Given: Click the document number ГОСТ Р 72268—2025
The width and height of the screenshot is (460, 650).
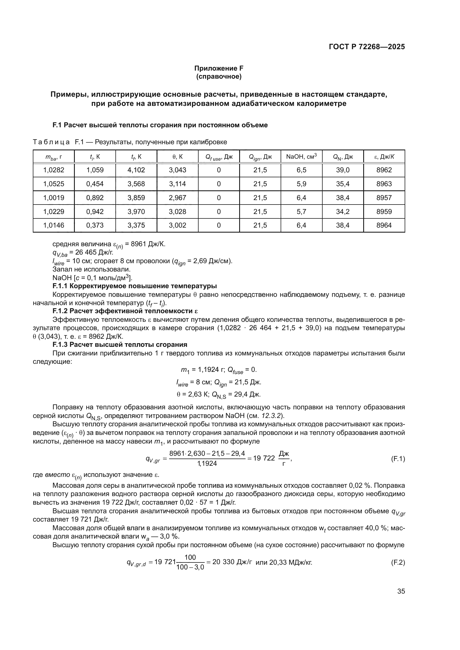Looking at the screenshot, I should (x=367, y=47).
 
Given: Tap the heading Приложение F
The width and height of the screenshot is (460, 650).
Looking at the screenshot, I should (x=219, y=68).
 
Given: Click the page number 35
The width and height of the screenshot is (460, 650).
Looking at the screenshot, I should (x=401, y=591).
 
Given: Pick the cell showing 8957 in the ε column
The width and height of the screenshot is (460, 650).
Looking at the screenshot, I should (x=384, y=198).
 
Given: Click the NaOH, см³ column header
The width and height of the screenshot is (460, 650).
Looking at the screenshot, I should (x=301, y=156).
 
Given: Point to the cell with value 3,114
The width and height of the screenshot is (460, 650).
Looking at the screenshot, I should (x=177, y=184).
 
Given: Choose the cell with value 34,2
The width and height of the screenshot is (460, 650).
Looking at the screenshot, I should (x=342, y=211).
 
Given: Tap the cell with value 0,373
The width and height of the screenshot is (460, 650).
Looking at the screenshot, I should (x=95, y=225).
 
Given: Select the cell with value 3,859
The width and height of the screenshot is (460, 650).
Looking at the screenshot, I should (x=136, y=198).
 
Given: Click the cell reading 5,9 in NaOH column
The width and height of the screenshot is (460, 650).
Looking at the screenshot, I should (x=301, y=184).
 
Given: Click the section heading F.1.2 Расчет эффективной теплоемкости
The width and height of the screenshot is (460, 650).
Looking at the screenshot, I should (x=125, y=311).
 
